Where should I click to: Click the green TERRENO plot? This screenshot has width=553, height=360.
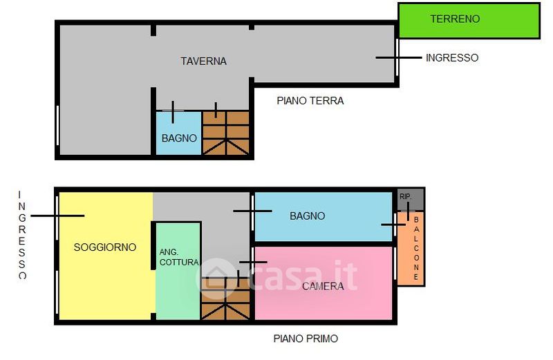tap(469, 21)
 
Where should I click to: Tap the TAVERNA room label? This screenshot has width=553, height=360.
tap(203, 61)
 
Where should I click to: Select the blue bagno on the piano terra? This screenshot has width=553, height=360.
tap(179, 133)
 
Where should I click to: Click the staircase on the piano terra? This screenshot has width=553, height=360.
tap(226, 133)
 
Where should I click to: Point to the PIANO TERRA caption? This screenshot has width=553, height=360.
tap(310, 101)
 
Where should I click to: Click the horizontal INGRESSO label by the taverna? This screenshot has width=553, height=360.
tap(452, 58)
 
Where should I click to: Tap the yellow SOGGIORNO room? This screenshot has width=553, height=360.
tap(106, 256)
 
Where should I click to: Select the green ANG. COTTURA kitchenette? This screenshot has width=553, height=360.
tap(178, 271)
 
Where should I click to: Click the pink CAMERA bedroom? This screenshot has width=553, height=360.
tap(324, 283)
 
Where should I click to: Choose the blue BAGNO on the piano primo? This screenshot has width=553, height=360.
tap(324, 216)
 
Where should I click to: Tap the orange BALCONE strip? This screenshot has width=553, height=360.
tap(411, 248)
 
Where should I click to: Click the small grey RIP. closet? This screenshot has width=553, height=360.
tap(411, 200)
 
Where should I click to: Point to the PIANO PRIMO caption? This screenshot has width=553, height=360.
tap(306, 339)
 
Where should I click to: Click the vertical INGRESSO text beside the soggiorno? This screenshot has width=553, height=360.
tap(22, 235)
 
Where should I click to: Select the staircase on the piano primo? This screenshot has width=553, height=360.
tap(226, 299)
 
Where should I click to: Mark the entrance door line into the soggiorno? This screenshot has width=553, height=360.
tap(57, 216)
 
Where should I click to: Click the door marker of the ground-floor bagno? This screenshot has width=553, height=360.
tap(173, 112)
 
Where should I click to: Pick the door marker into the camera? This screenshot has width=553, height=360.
tap(253, 262)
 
